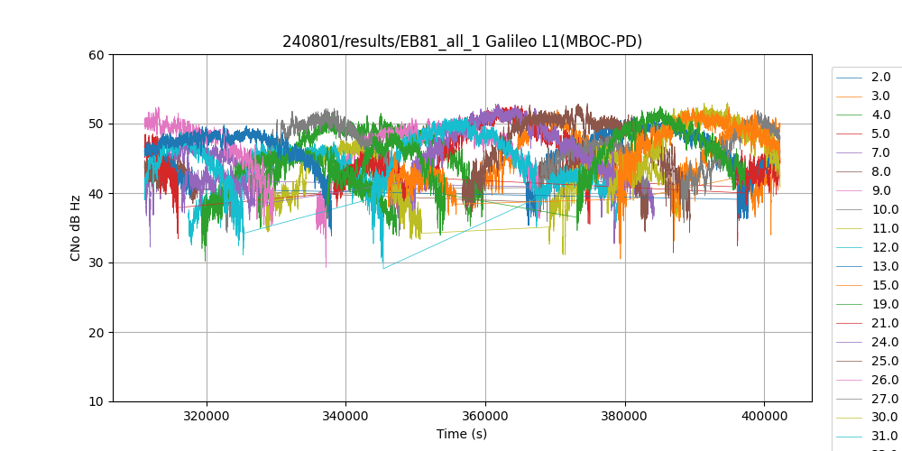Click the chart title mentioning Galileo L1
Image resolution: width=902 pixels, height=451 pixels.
(x=462, y=41)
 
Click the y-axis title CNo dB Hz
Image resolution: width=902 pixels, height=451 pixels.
(x=76, y=228)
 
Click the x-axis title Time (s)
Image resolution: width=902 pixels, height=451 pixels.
(x=462, y=434)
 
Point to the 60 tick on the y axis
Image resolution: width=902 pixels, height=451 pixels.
(x=97, y=55)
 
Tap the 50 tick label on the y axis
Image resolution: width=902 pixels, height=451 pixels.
(x=97, y=124)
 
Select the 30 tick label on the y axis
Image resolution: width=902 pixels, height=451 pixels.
(x=97, y=263)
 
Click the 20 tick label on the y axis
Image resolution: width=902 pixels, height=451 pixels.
(x=97, y=333)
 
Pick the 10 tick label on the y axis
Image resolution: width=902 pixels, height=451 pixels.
(x=97, y=402)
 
